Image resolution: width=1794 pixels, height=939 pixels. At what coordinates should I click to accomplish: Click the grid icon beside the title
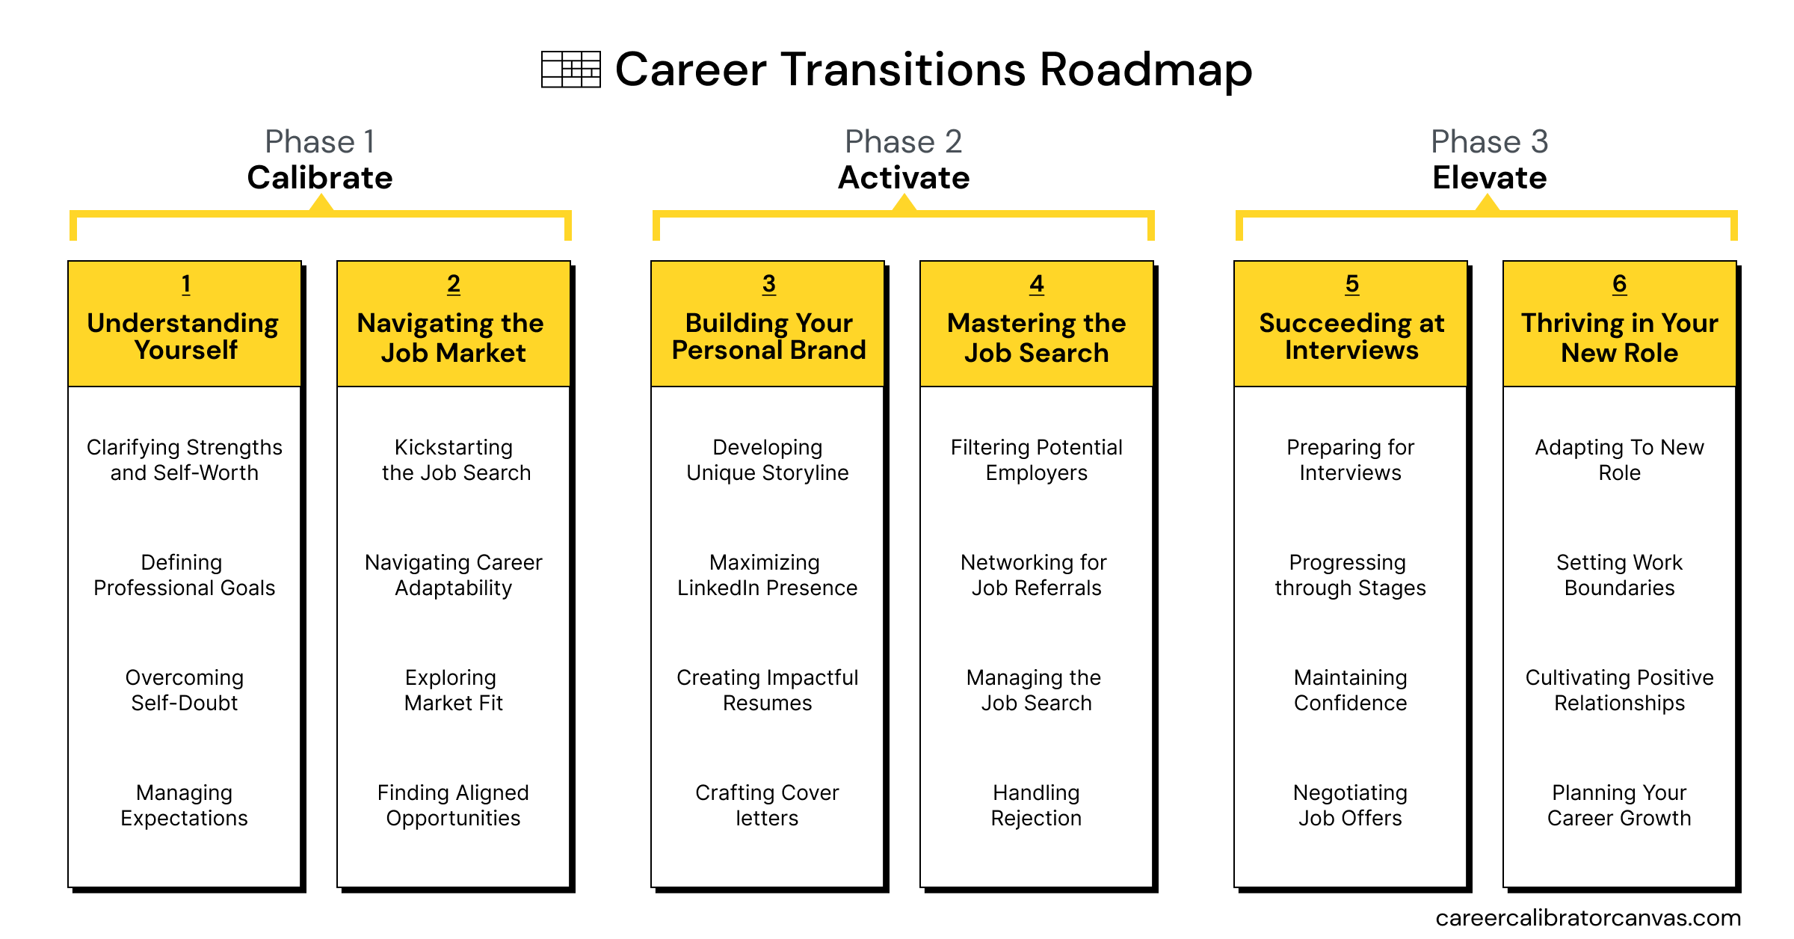pyautogui.click(x=571, y=70)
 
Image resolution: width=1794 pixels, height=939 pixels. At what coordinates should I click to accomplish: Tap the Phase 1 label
pyautogui.click(x=320, y=141)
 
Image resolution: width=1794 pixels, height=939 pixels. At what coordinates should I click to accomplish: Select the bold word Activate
pyautogui.click(x=904, y=178)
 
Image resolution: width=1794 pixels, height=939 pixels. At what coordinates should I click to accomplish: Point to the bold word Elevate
pyautogui.click(x=1490, y=178)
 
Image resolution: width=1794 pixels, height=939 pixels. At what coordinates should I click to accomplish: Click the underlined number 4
pyautogui.click(x=1037, y=284)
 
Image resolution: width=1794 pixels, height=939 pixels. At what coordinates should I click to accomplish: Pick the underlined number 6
pyautogui.click(x=1620, y=284)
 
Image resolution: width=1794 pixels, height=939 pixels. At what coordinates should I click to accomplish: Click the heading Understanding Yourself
pyautogui.click(x=184, y=336)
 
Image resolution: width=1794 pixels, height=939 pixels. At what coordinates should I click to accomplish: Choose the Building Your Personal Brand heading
pyautogui.click(x=768, y=336)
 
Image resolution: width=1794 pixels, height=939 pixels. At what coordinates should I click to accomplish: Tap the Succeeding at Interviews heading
pyautogui.click(x=1351, y=336)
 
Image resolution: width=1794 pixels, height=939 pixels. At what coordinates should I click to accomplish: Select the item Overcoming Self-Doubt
pyautogui.click(x=185, y=690)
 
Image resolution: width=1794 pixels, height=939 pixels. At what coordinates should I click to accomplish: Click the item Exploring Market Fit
pyautogui.click(x=453, y=690)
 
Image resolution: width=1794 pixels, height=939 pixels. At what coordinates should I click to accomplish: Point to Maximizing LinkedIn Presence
pyautogui.click(x=767, y=575)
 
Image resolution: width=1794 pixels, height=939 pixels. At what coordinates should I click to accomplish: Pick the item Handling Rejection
pyautogui.click(x=1036, y=805)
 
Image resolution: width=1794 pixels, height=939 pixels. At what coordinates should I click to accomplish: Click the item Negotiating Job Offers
pyautogui.click(x=1350, y=805)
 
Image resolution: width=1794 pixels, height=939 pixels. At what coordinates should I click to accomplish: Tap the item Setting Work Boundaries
pyautogui.click(x=1619, y=575)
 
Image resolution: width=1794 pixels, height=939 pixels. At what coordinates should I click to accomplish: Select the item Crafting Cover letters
pyautogui.click(x=767, y=805)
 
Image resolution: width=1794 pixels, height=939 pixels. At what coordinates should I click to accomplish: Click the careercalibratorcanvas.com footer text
pyautogui.click(x=1588, y=918)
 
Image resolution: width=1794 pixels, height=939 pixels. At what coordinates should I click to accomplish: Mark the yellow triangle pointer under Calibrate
pyautogui.click(x=321, y=203)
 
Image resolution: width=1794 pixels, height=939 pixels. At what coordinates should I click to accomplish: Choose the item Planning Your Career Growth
pyautogui.click(x=1619, y=805)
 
